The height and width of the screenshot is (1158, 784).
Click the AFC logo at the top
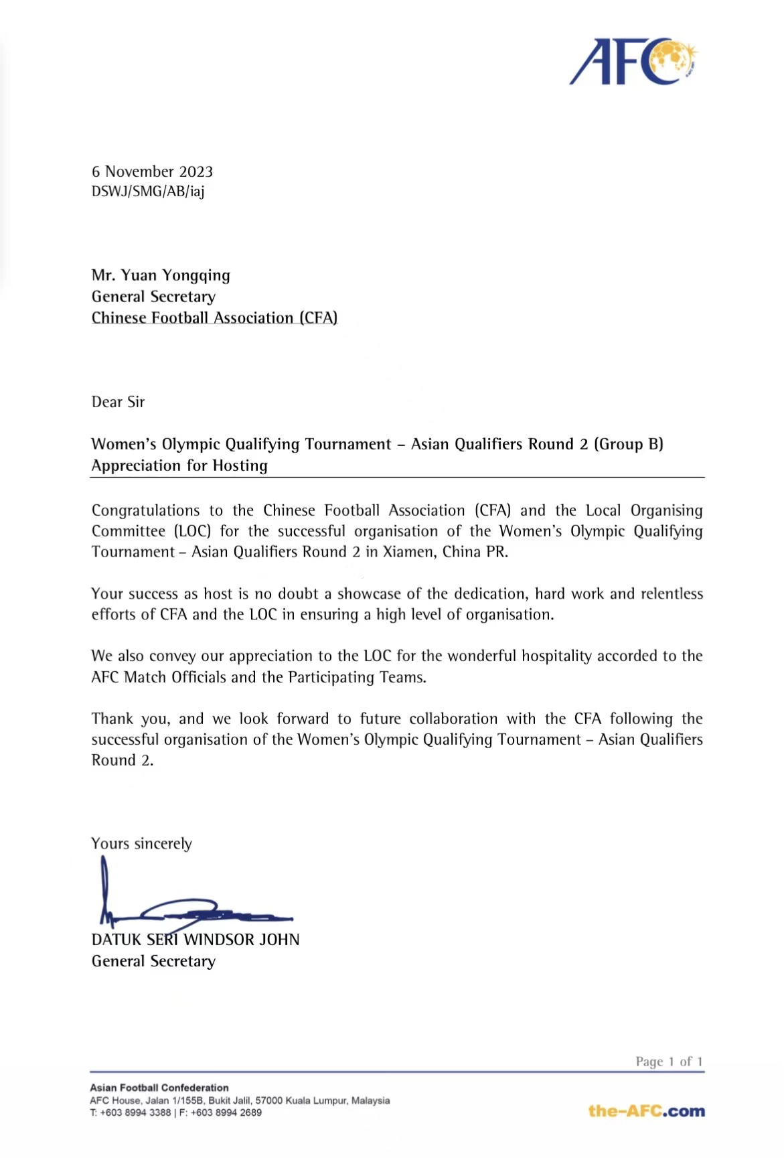pyautogui.click(x=633, y=62)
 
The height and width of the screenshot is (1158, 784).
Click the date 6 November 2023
pyautogui.click(x=152, y=171)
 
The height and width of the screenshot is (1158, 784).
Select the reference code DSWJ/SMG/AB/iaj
pyautogui.click(x=148, y=192)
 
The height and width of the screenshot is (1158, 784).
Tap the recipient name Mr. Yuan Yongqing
pyautogui.click(x=161, y=275)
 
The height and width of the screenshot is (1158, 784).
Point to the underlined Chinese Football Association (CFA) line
pyautogui.click(x=214, y=317)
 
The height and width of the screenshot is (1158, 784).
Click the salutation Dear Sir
pyautogui.click(x=118, y=402)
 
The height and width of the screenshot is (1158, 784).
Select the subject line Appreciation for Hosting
pyautogui.click(x=179, y=465)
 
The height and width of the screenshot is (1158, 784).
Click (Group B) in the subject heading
pyautogui.click(x=628, y=444)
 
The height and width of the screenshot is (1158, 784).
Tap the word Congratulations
pyautogui.click(x=145, y=510)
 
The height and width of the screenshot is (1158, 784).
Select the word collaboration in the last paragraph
pyautogui.click(x=453, y=719)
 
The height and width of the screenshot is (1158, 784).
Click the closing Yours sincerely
pyautogui.click(x=141, y=843)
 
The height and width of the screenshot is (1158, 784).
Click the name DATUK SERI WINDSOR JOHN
pyautogui.click(x=195, y=940)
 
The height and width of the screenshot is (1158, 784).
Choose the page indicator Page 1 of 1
pyautogui.click(x=669, y=1062)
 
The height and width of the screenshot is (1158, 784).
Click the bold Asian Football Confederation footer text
pyautogui.click(x=159, y=1088)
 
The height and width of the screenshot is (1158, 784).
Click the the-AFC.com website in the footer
pyautogui.click(x=646, y=1110)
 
